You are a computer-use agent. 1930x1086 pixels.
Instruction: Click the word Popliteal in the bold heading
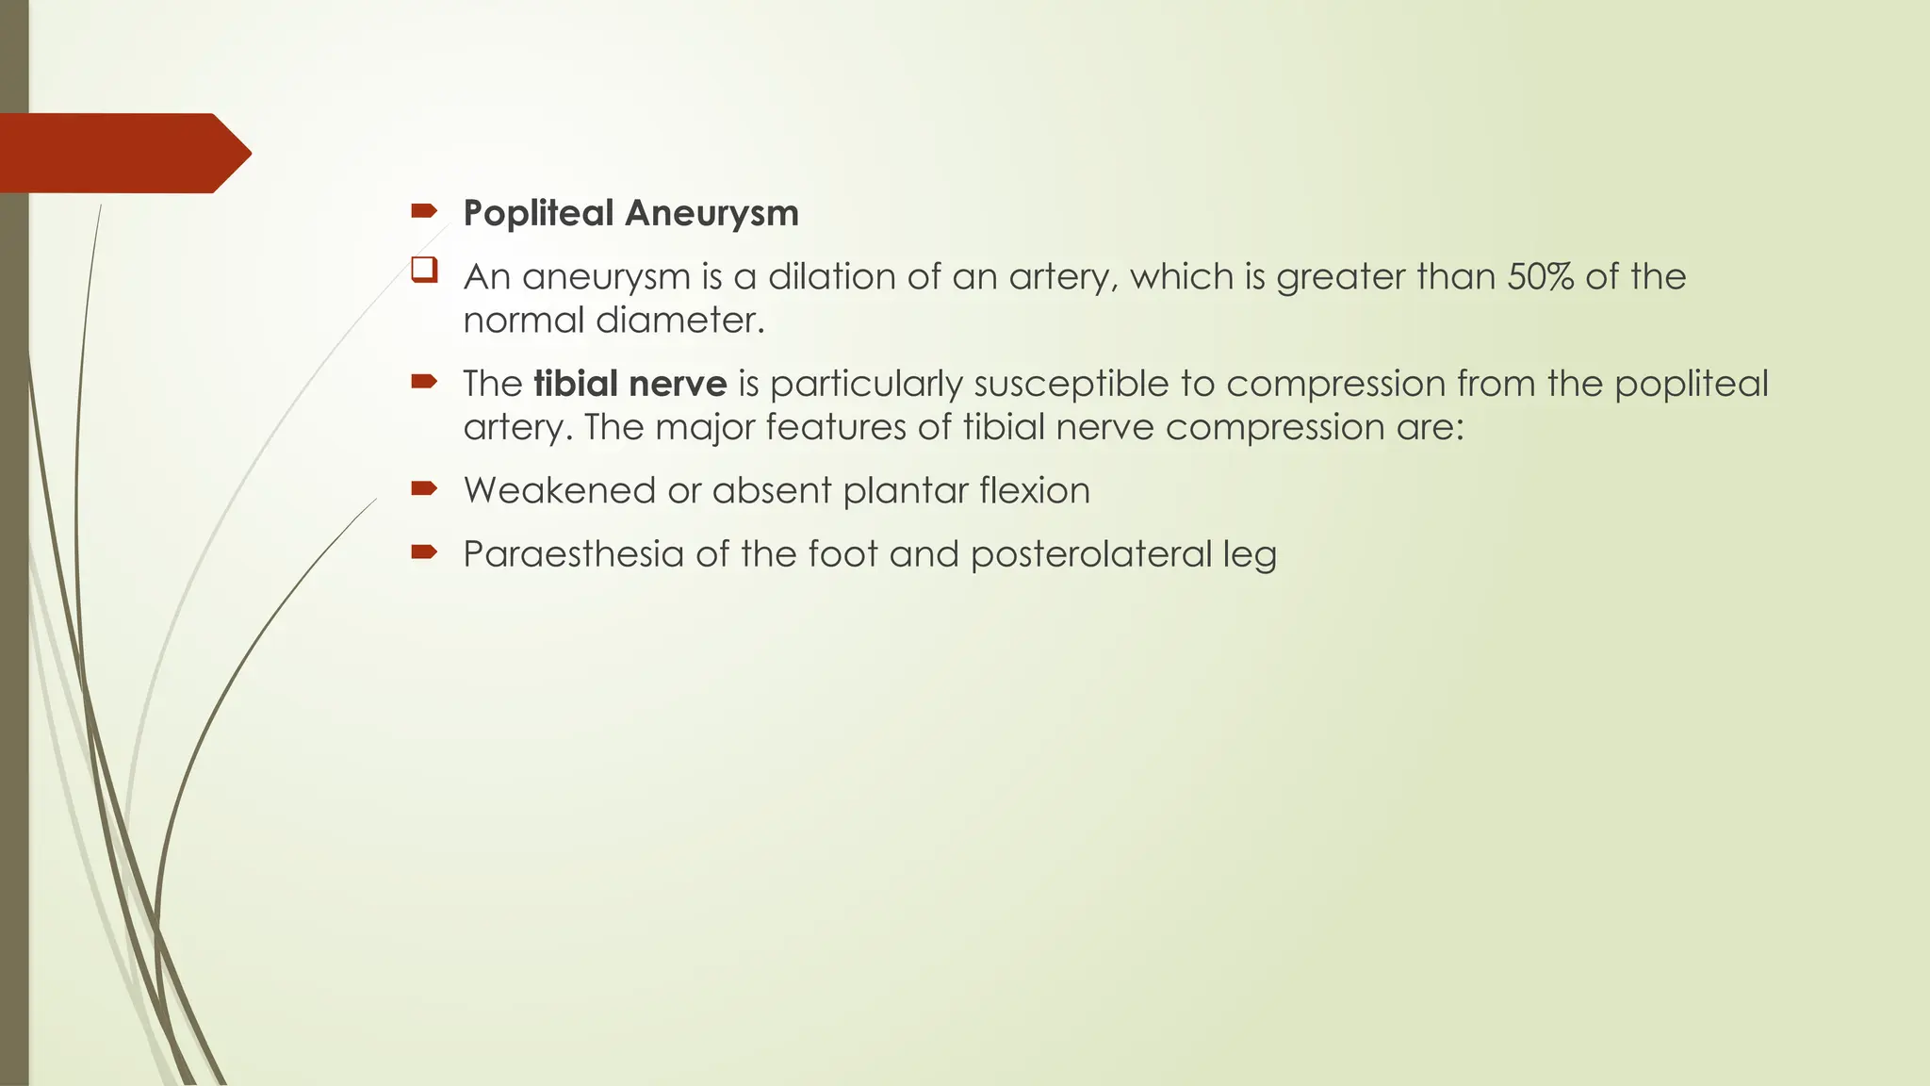(538, 213)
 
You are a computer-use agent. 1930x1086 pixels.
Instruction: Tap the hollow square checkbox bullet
(424, 271)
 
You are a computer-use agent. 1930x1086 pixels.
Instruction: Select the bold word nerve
(678, 384)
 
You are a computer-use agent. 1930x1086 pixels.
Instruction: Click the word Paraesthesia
(573, 553)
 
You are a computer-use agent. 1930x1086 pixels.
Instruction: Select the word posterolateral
(1091, 553)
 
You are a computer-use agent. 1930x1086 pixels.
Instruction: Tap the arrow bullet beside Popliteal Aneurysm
(424, 211)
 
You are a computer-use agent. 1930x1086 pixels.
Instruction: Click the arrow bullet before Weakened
(424, 488)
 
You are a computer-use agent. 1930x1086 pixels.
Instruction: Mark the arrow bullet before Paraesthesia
(424, 551)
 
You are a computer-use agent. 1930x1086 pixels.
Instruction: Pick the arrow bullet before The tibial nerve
(424, 382)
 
